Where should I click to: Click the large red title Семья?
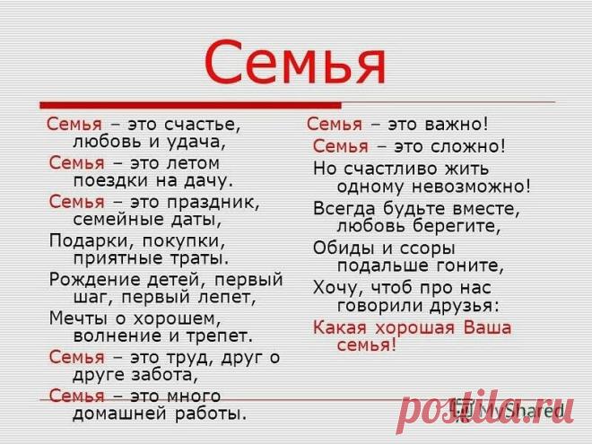point(295,62)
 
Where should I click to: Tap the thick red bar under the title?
point(191,105)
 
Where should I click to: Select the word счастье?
point(203,124)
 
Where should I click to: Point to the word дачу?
point(208,181)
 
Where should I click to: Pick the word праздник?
point(213,203)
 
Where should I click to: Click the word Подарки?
point(90,241)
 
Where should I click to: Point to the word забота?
point(165,375)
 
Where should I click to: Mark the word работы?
point(210,414)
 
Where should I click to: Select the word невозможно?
point(471,187)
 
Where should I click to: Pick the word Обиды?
point(344,248)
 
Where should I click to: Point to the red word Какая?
point(340,327)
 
